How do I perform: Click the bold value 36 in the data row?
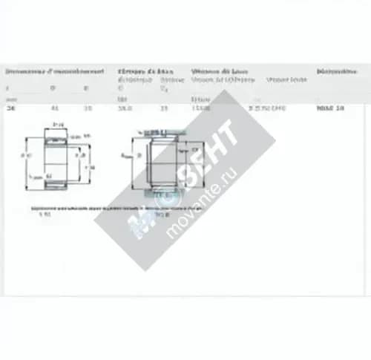pos(10,108)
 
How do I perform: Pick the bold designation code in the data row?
pos(330,108)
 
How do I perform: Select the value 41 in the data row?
pos(54,108)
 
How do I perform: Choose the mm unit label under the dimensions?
pos(10,99)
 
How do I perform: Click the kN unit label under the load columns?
pos(121,99)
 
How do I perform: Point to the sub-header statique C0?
pos(172,82)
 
